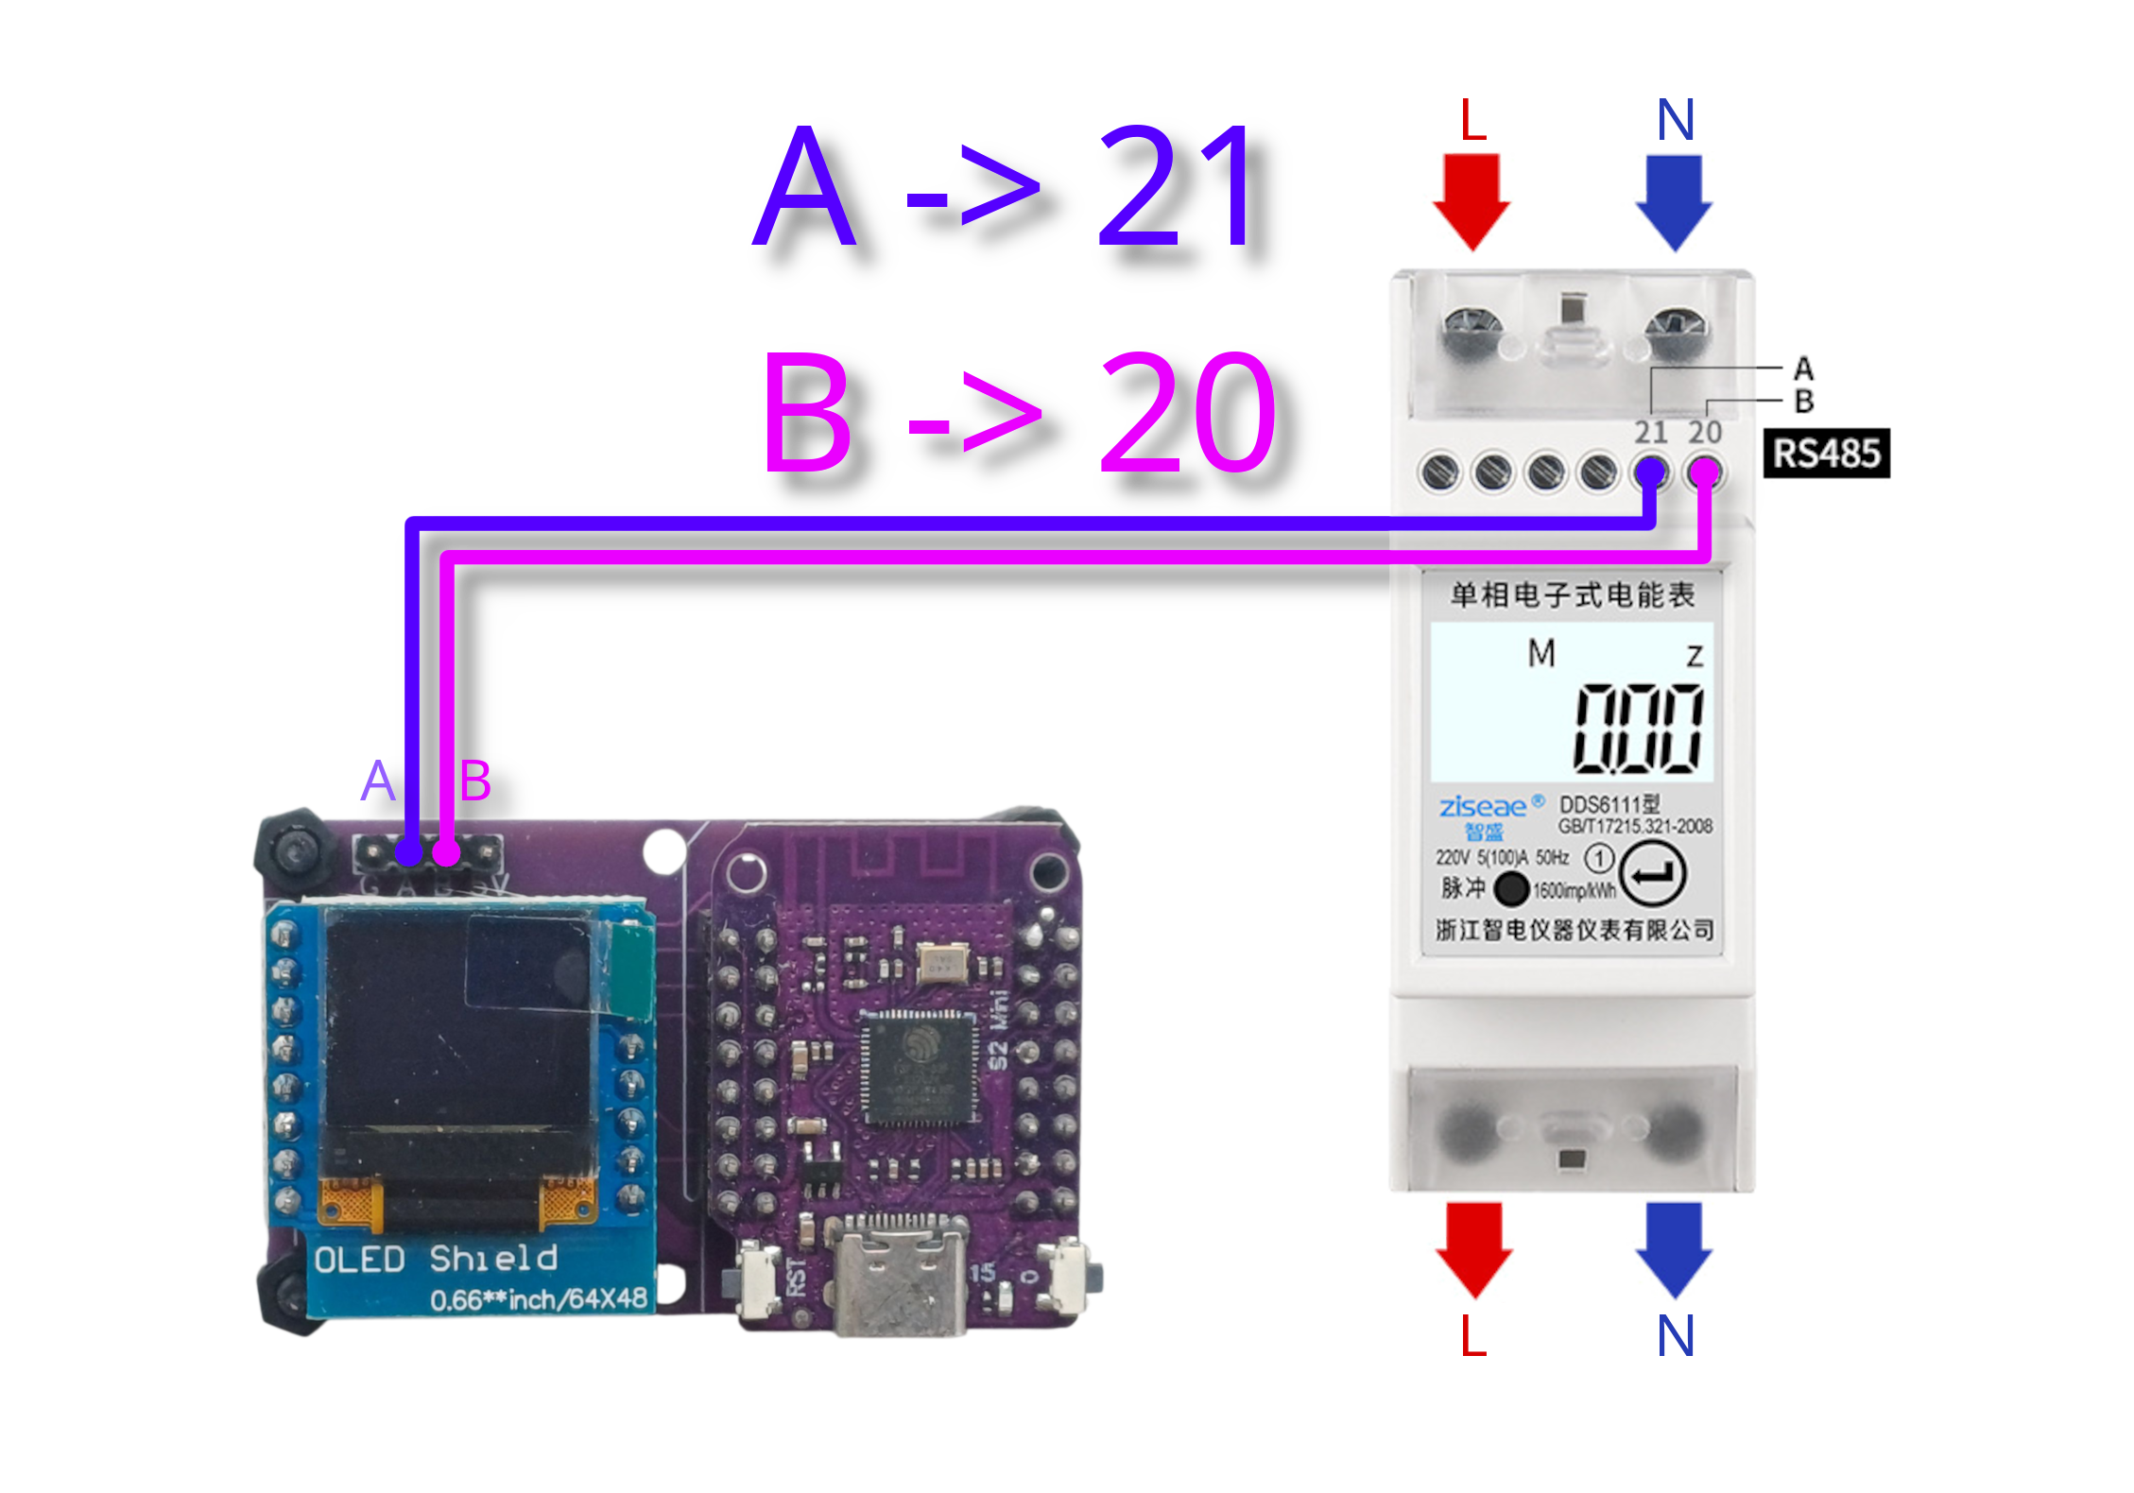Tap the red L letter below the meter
[x=1472, y=1336]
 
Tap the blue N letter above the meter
[x=1676, y=120]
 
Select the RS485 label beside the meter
[x=1826, y=454]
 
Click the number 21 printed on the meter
[x=1651, y=433]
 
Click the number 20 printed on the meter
[x=1705, y=433]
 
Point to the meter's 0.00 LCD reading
[x=1638, y=728]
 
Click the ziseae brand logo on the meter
[x=1482, y=807]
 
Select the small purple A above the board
[x=378, y=781]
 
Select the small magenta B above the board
[x=474, y=781]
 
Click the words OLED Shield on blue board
[x=436, y=1259]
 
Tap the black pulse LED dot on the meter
[x=1510, y=888]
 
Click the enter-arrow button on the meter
[x=1652, y=874]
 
